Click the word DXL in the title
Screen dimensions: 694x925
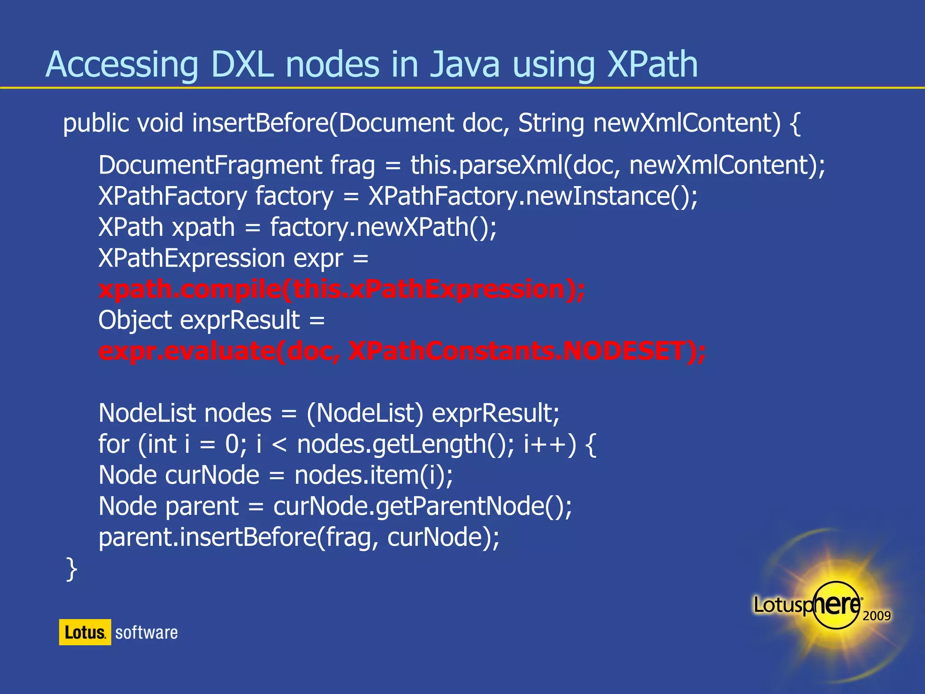(242, 65)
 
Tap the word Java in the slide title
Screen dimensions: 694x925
(465, 65)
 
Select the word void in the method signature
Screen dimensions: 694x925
(160, 123)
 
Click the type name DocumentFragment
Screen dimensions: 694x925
(210, 165)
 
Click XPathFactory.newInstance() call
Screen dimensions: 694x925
(533, 196)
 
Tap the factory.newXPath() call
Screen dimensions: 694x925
(383, 227)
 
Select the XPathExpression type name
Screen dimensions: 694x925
(192, 258)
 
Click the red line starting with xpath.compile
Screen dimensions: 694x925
(341, 289)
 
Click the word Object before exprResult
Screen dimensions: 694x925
(135, 320)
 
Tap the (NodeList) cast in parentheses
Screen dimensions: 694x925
(365, 413)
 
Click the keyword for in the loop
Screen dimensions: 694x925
(114, 444)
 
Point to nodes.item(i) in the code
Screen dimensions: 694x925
(373, 475)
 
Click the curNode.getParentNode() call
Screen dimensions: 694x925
(422, 506)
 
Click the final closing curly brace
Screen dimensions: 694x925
(71, 568)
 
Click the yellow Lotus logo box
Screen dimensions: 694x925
(85, 632)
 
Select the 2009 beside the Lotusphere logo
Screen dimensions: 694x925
(876, 615)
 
